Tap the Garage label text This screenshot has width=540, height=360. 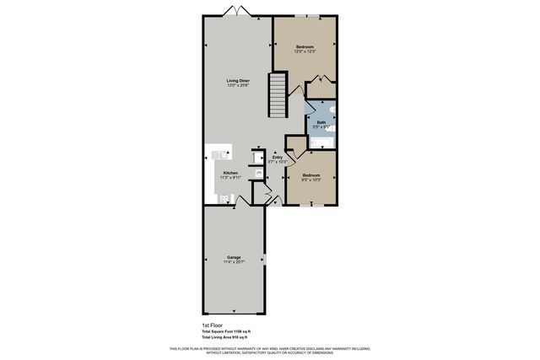coord(234,257)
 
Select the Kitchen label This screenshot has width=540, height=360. coord(230,172)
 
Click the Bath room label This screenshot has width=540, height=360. coord(321,123)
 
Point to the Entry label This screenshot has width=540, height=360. coord(278,156)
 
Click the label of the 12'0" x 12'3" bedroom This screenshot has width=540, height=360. coord(305,46)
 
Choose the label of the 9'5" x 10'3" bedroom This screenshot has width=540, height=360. coord(311,175)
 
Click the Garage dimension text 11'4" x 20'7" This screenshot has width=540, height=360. coord(234,263)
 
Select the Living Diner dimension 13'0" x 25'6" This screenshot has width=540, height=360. coord(238,86)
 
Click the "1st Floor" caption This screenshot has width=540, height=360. coord(212,324)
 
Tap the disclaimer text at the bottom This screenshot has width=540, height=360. coord(270,350)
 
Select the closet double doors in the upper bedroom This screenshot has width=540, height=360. coord(320,81)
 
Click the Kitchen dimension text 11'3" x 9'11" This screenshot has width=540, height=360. coord(230,178)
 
